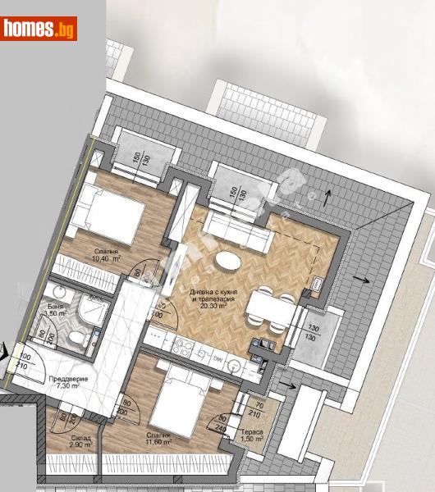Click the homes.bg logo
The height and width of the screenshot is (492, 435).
click(x=39, y=29)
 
